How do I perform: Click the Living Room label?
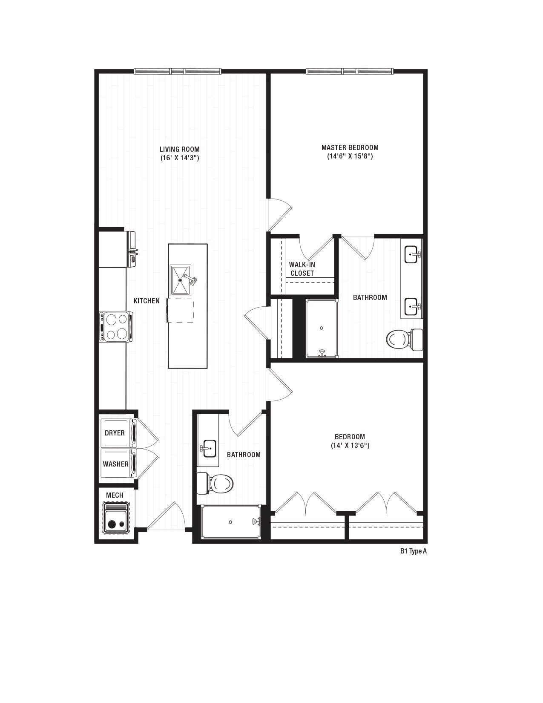coord(179,149)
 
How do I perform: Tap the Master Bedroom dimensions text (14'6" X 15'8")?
coord(350,156)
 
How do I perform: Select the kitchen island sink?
coord(181,280)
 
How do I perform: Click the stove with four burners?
coord(116,327)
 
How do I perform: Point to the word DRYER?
coord(115,433)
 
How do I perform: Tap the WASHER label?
coord(115,464)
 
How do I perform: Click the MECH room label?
coord(115,495)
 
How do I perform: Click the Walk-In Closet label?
coord(302,269)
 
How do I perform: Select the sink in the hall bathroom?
coord(209,448)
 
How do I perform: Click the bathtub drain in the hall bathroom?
coord(230,522)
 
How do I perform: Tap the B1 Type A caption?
coord(413,551)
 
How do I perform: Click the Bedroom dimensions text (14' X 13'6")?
coord(350,446)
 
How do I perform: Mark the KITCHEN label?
coord(147,301)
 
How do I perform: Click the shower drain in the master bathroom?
coord(322,328)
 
